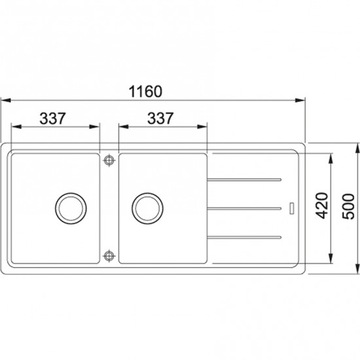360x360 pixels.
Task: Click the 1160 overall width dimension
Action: (145, 92)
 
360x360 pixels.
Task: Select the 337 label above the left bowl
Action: (52, 118)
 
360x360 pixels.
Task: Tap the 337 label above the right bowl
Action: (160, 118)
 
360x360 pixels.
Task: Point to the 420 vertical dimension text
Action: (321, 206)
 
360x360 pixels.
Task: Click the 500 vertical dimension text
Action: (348, 207)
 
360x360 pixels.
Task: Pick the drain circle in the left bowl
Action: (71, 208)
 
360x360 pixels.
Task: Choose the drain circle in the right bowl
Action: (147, 208)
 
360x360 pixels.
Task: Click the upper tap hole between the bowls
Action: (109, 160)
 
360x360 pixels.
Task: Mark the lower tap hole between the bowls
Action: (109, 256)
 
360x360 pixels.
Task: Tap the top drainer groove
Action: (244, 179)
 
